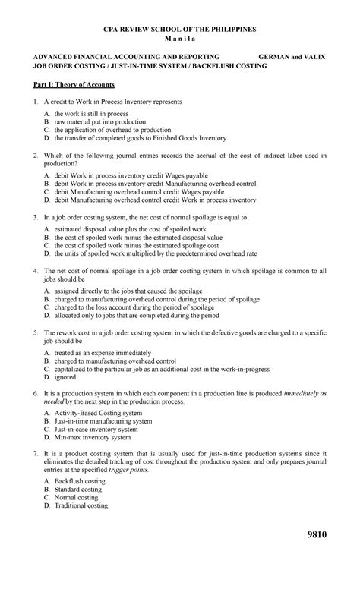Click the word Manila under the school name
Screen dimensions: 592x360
pyautogui.click(x=180, y=38)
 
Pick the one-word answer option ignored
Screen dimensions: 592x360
pyautogui.click(x=66, y=376)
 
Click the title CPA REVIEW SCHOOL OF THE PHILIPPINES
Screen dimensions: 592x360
pyautogui.click(x=180, y=28)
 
